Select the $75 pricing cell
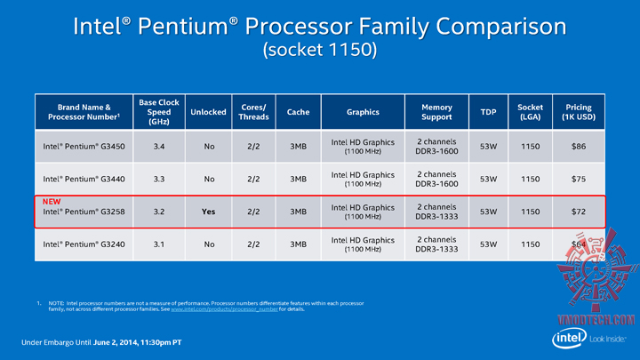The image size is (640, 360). pos(578,178)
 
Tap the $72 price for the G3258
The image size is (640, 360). pos(578,212)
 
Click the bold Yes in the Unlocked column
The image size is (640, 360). pos(208,212)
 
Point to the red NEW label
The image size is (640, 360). pos(52,202)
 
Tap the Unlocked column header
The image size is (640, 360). pos(208,112)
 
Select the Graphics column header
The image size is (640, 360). pos(363,112)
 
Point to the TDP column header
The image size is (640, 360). pos(488,112)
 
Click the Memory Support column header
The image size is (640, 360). pos(436,112)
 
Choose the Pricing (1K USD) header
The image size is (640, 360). pos(578,112)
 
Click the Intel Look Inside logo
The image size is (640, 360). pos(582,339)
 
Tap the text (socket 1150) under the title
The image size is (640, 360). pos(319,50)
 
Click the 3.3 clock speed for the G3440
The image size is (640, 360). pos(160,178)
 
